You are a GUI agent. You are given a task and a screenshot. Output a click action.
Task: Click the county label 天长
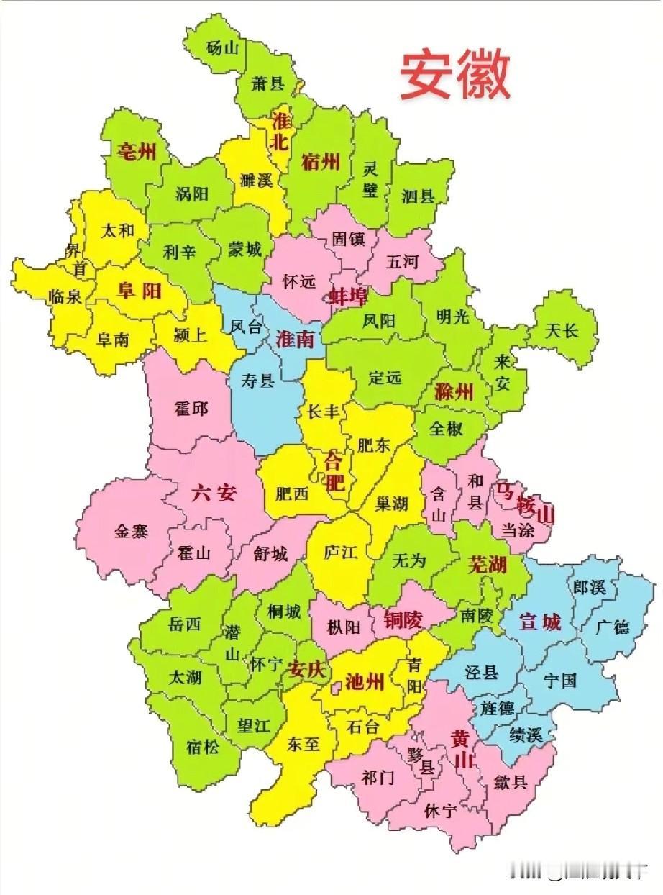[x=561, y=330]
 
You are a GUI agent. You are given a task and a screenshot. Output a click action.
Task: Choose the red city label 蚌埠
[x=347, y=295]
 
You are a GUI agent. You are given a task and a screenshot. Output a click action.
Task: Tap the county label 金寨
[x=131, y=532]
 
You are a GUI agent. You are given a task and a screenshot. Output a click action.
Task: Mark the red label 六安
[x=214, y=494]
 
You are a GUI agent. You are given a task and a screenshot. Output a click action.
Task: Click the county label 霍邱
[x=191, y=409]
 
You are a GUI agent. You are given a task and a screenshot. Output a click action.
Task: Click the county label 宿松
[x=203, y=747]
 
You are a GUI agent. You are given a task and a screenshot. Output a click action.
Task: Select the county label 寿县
[x=257, y=381]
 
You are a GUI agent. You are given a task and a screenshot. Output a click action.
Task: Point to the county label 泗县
[x=418, y=195]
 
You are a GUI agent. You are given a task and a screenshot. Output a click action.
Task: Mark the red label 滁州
[x=454, y=392]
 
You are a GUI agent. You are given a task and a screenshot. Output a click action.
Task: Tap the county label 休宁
[x=440, y=812]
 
